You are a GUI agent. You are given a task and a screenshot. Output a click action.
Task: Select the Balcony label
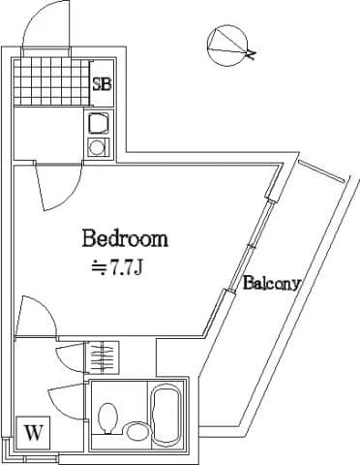[x=273, y=284]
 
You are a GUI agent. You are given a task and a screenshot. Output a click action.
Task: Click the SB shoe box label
[x=102, y=83]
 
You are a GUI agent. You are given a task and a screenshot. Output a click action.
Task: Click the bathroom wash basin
[x=136, y=432]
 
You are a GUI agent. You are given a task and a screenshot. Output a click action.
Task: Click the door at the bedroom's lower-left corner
[x=37, y=314]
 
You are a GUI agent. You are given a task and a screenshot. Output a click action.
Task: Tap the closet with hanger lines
[x=103, y=356]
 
